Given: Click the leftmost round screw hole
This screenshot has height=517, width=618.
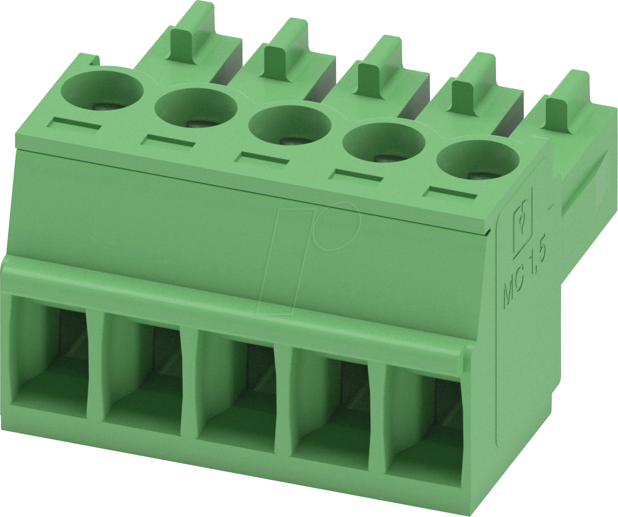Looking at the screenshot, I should click(x=102, y=90).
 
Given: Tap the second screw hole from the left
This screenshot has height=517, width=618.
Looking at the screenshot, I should click(x=196, y=108).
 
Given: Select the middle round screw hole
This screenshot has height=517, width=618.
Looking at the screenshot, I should click(x=289, y=125).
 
